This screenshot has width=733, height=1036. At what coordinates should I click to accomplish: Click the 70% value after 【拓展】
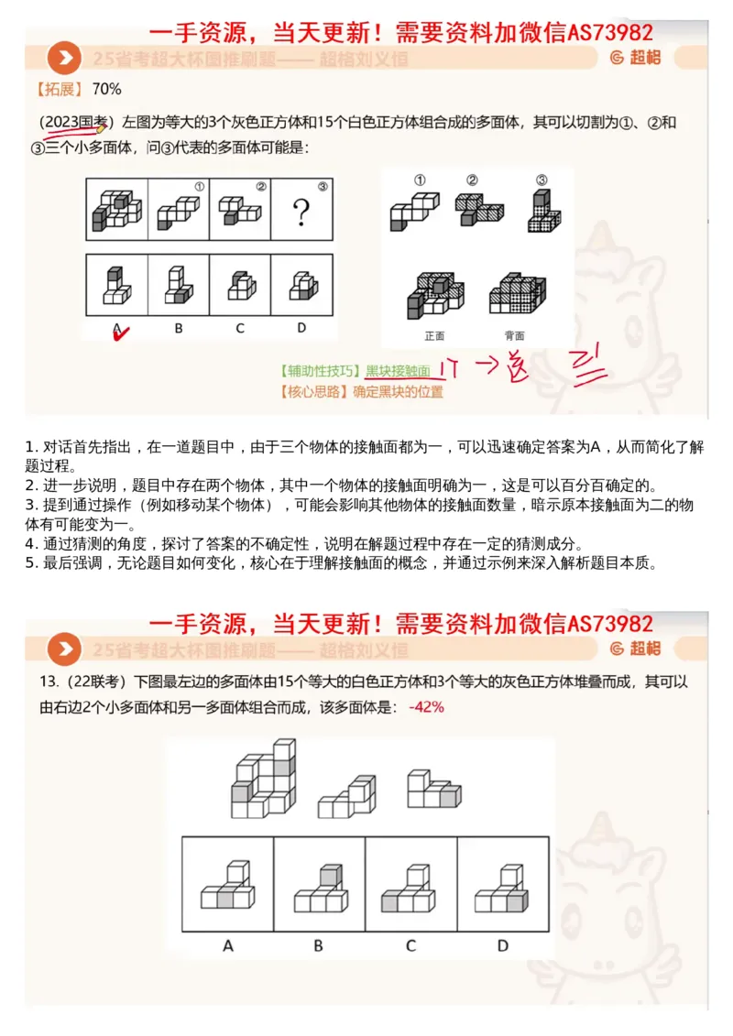[x=107, y=89]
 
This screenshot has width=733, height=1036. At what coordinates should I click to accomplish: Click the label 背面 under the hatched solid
[x=515, y=334]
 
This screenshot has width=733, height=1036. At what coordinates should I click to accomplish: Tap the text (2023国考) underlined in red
[x=75, y=122]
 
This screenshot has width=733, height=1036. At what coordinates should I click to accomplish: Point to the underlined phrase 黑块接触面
[x=398, y=371]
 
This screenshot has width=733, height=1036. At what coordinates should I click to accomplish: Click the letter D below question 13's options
[x=502, y=944]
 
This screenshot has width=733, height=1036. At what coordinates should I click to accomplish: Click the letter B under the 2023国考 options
[x=178, y=327]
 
